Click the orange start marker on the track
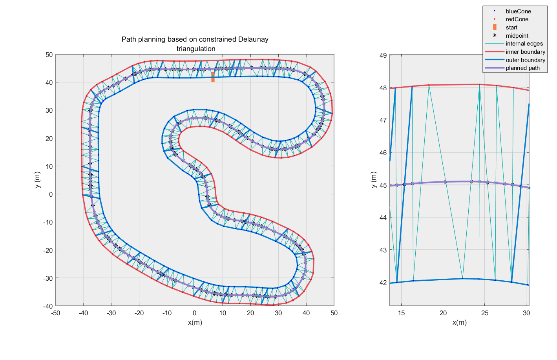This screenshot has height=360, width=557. [213, 77]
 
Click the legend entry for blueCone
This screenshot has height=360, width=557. [518, 11]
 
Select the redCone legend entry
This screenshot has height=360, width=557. [517, 19]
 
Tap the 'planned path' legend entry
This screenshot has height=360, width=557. [522, 68]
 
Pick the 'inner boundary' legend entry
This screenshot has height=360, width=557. [525, 52]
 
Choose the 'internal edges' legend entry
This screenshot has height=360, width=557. [524, 44]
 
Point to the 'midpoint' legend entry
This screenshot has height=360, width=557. [517, 36]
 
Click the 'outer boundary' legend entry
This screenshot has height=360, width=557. [525, 60]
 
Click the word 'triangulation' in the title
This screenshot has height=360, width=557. [196, 49]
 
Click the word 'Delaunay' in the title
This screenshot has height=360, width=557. [253, 39]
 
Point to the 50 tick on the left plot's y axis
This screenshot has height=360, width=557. [49, 55]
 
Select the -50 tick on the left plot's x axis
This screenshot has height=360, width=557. [56, 313]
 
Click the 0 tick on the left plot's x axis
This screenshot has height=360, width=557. [195, 313]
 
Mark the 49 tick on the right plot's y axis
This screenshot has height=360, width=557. [383, 55]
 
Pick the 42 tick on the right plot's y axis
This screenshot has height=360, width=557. [383, 283]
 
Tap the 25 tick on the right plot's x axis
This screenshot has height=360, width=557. [485, 313]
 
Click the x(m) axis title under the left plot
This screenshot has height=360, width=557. [195, 323]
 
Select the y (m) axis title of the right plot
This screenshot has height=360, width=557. [374, 180]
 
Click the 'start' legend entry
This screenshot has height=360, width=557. [511, 27]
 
